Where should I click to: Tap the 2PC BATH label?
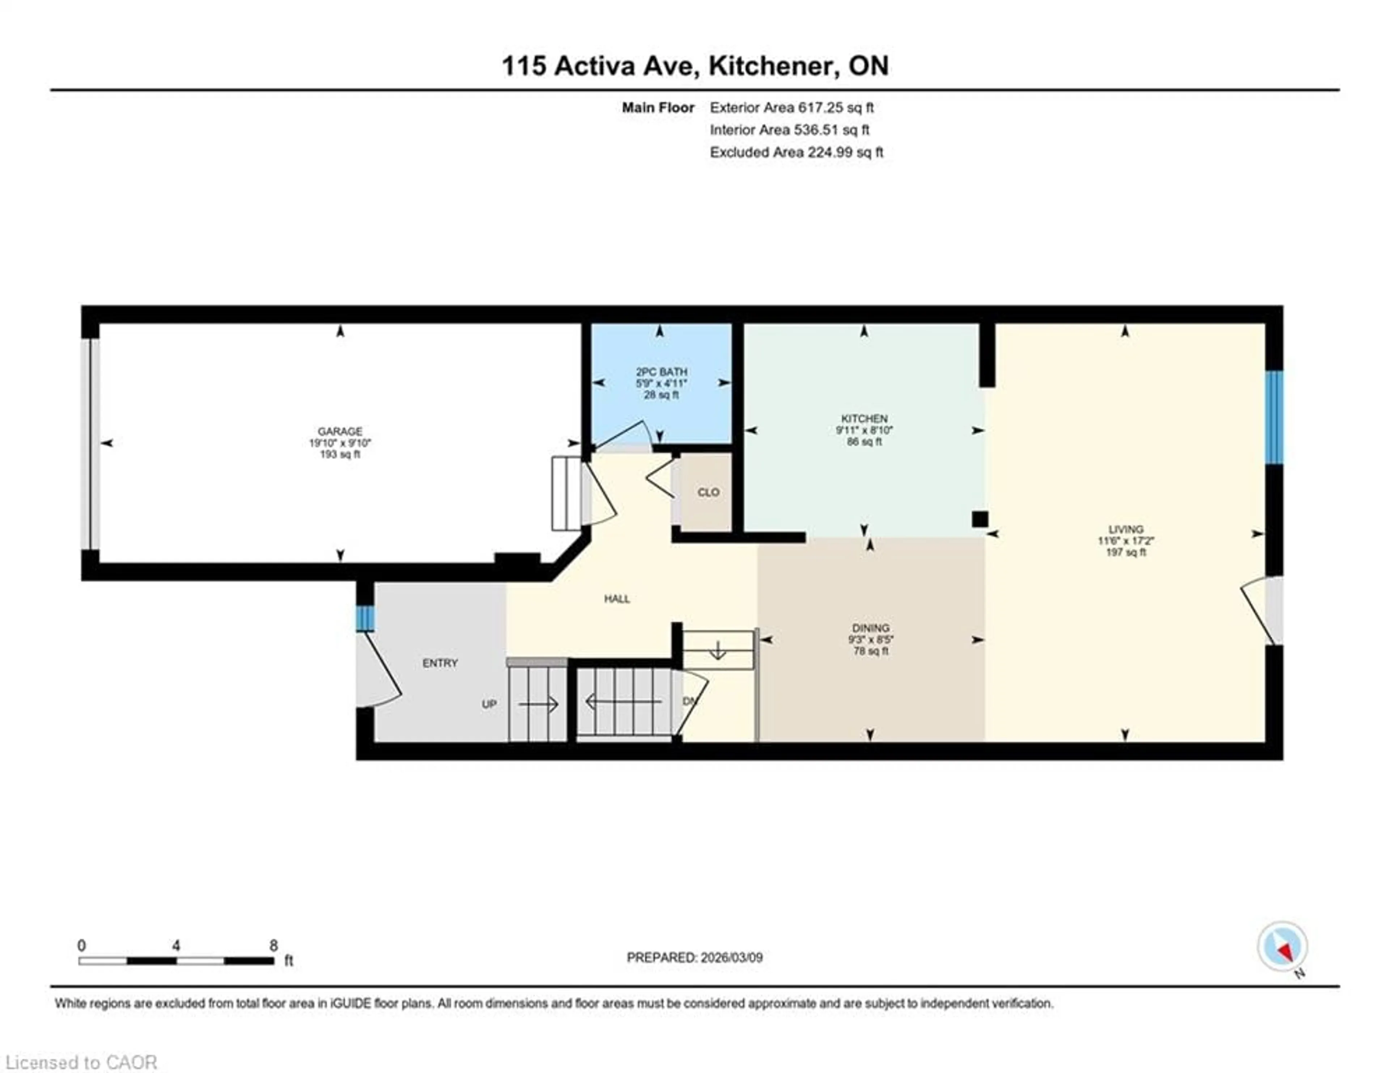[662, 372]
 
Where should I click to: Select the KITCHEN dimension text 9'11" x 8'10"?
[864, 430]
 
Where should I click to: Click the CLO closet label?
[708, 492]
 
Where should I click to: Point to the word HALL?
[617, 599]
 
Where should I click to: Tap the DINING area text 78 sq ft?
[871, 651]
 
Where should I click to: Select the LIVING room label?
[1126, 529]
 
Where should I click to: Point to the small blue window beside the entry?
[364, 618]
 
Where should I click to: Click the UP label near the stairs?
[488, 704]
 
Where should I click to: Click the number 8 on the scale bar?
[273, 946]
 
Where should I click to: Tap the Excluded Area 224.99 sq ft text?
[796, 152]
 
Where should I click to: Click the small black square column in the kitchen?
[980, 519]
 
